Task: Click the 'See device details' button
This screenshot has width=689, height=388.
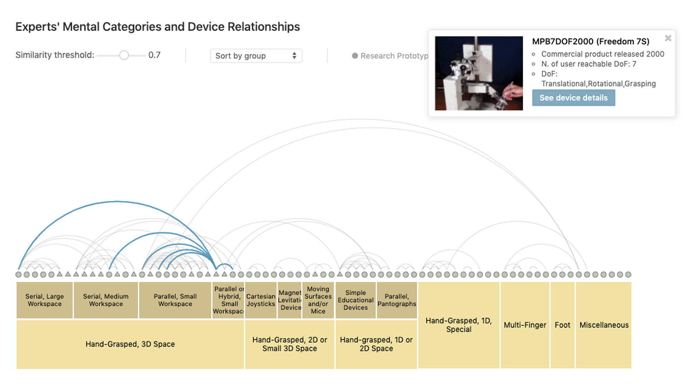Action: (x=573, y=98)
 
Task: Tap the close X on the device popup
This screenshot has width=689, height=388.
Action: (x=668, y=38)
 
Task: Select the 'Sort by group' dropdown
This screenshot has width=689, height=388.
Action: (x=256, y=56)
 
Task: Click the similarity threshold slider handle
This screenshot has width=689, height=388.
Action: (x=124, y=55)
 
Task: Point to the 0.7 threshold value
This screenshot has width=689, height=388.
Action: (x=154, y=55)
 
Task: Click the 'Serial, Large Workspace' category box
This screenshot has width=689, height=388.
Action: (x=44, y=300)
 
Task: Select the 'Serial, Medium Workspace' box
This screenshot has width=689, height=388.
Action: (x=106, y=300)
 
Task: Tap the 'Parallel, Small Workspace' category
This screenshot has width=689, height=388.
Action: (x=175, y=300)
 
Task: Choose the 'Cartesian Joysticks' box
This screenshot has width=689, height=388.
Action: (x=261, y=300)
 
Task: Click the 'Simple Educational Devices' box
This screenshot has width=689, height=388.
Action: (x=356, y=300)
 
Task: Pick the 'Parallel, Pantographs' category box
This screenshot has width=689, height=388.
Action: (x=397, y=300)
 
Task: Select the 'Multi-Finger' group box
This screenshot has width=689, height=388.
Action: (x=525, y=325)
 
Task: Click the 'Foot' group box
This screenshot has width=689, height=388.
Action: (x=562, y=325)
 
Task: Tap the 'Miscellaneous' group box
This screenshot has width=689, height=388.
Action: (x=604, y=325)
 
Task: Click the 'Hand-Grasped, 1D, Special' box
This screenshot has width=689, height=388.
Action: (x=459, y=325)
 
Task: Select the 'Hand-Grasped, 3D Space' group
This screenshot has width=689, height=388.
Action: (x=130, y=344)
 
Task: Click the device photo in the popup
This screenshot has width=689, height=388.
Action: (x=479, y=73)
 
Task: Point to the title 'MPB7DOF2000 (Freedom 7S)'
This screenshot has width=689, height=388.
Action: (x=590, y=42)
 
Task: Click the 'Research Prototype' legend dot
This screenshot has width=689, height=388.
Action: (x=355, y=56)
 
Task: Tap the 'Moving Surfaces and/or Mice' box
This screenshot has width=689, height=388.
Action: (x=318, y=300)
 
